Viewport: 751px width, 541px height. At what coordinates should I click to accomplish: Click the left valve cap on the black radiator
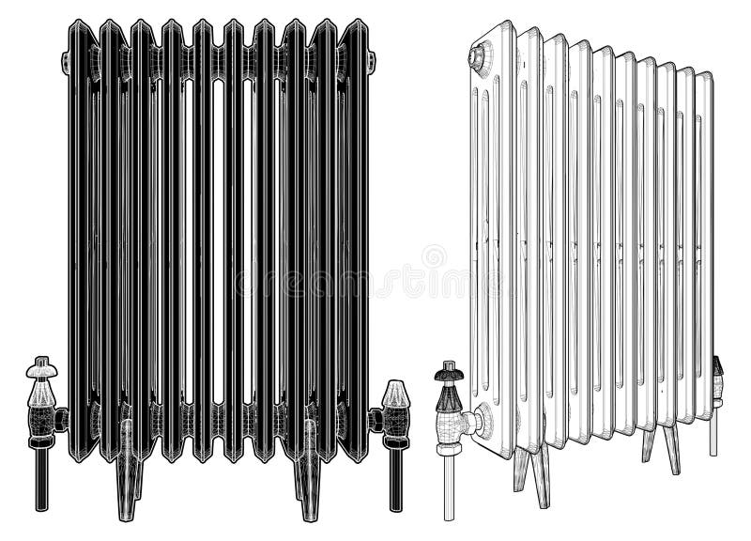click(x=40, y=367)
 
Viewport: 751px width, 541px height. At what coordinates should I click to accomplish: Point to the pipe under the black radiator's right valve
click(x=395, y=479)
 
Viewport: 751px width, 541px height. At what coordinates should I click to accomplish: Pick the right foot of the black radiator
click(x=310, y=488)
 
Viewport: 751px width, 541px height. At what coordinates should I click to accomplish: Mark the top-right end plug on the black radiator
click(x=372, y=64)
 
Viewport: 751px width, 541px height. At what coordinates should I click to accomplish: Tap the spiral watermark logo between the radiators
click(x=434, y=255)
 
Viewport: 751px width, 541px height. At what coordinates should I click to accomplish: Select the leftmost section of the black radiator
click(x=83, y=235)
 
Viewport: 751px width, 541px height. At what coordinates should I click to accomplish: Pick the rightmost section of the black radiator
click(x=355, y=235)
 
